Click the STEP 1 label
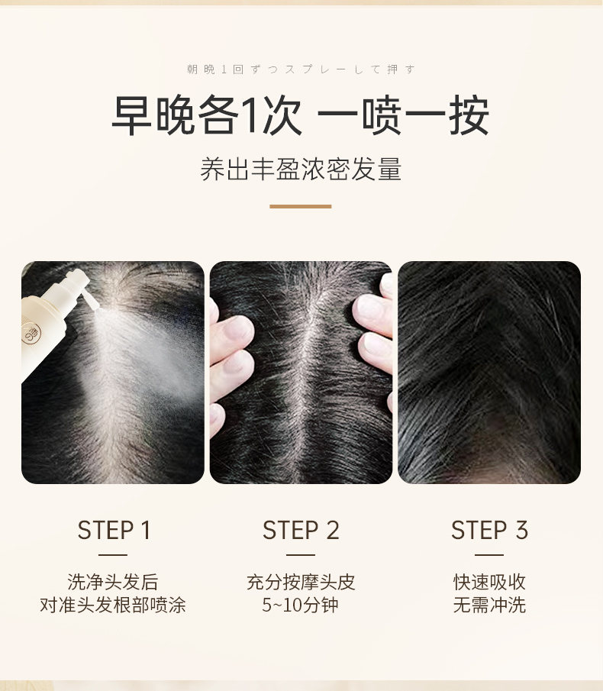114,530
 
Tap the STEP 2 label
301,530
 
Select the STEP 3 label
489,530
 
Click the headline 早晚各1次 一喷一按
301,115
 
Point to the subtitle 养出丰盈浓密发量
301,169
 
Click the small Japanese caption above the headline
301,69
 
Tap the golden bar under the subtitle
301,206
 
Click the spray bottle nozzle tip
96,305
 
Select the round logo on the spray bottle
31,334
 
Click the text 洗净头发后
113,582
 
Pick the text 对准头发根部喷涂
113,605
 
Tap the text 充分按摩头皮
301,582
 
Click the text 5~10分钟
301,605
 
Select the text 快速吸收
489,582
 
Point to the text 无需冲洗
489,605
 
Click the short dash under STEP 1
113,555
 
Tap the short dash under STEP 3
489,555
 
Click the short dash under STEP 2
301,555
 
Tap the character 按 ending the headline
469,115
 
